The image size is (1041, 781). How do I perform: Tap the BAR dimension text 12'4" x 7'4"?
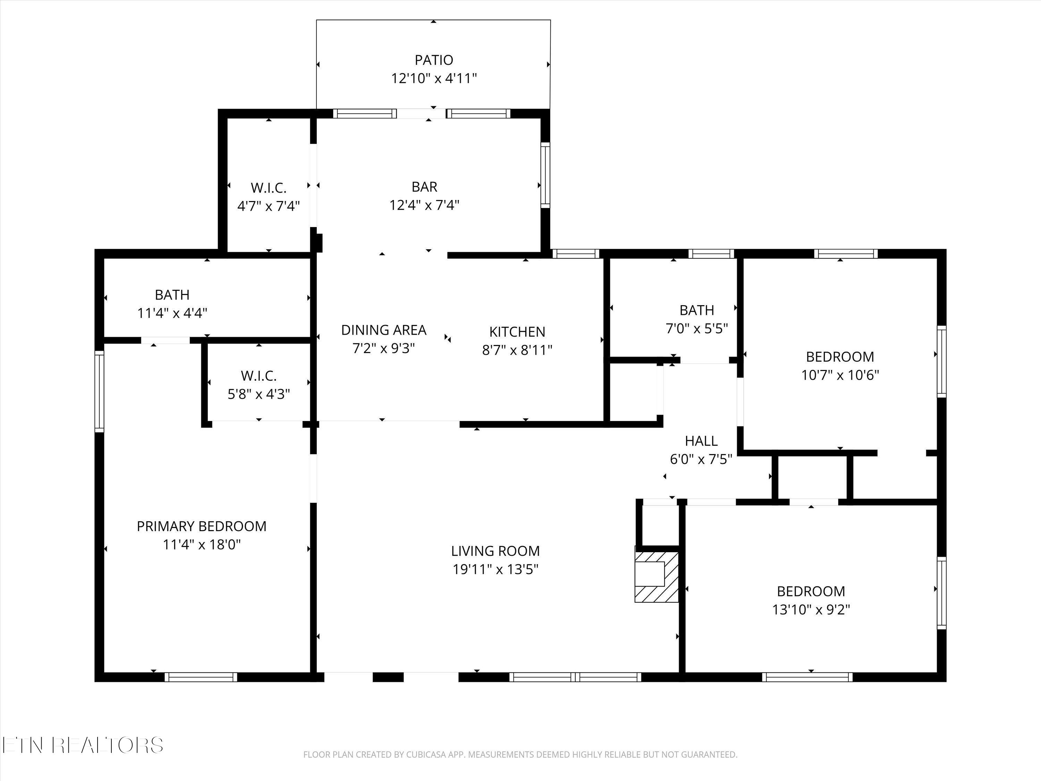click(424, 205)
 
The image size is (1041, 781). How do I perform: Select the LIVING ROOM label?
click(495, 551)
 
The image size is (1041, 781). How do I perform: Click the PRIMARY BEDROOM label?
click(201, 526)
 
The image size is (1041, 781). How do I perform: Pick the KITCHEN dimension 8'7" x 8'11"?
click(517, 350)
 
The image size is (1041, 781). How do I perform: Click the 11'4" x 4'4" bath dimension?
click(172, 313)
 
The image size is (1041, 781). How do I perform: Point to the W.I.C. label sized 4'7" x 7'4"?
click(268, 188)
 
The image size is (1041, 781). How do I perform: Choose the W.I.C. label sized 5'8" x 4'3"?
click(259, 376)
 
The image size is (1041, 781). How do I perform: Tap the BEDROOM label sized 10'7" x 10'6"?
click(840, 357)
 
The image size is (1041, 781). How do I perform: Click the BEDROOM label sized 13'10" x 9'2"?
click(810, 591)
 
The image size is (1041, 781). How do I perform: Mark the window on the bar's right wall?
click(545, 175)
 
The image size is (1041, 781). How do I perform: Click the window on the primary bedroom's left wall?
click(99, 391)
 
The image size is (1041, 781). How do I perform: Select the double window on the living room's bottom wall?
click(575, 677)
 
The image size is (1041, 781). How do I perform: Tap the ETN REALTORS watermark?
click(82, 745)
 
